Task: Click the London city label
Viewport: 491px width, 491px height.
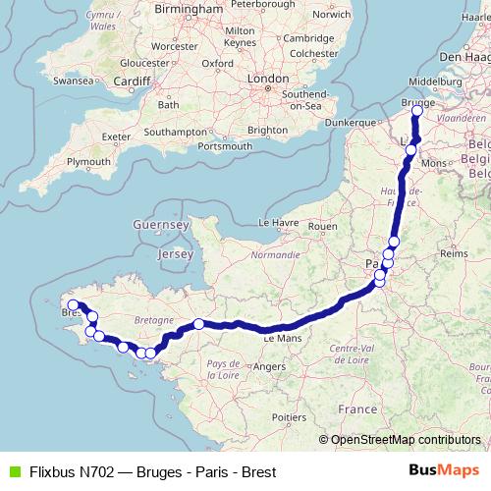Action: (268, 78)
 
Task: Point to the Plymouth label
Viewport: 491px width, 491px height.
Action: (90, 160)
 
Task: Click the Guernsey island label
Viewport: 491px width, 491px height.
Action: (162, 225)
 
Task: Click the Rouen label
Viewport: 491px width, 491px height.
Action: (322, 226)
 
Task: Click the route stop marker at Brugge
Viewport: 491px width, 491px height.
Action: (416, 110)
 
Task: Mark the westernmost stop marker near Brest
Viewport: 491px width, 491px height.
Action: (73, 304)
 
